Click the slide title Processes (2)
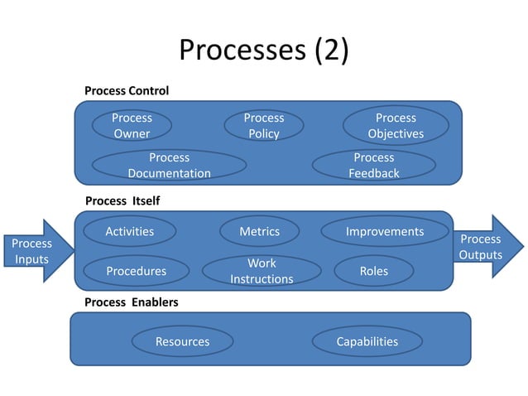click(264, 51)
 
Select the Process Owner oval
click(132, 126)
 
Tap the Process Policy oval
click(263, 126)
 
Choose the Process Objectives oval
click(396, 126)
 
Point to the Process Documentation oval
click(169, 165)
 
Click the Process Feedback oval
click(374, 165)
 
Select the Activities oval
click(130, 232)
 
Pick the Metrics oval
click(259, 232)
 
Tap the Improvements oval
click(385, 232)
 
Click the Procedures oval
click(136, 271)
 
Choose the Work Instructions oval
click(262, 271)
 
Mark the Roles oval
click(374, 271)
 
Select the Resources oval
click(182, 341)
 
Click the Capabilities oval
click(367, 341)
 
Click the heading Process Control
click(127, 90)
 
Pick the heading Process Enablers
click(131, 302)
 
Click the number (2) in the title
click(330, 51)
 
